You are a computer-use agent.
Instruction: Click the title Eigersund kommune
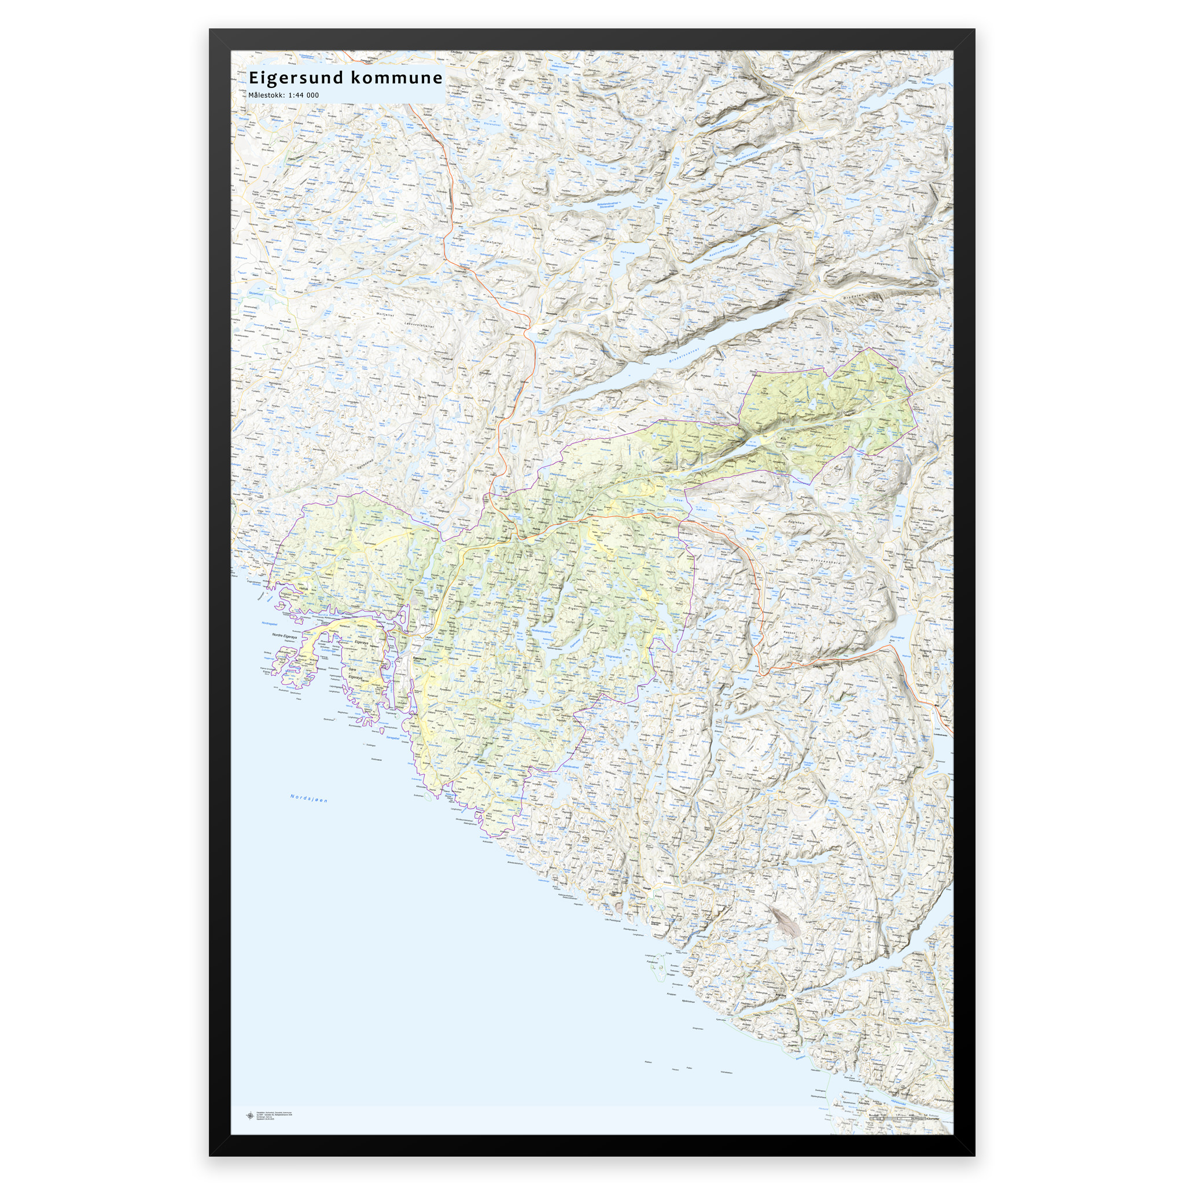click(345, 78)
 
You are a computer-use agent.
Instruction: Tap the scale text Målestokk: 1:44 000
click(284, 95)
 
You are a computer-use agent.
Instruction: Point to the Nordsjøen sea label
click(309, 798)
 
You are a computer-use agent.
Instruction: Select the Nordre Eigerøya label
click(285, 636)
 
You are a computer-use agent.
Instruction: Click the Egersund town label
click(420, 658)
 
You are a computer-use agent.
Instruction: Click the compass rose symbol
click(249, 1116)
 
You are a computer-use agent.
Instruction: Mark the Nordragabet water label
click(270, 623)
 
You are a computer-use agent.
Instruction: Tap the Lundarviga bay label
click(322, 651)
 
